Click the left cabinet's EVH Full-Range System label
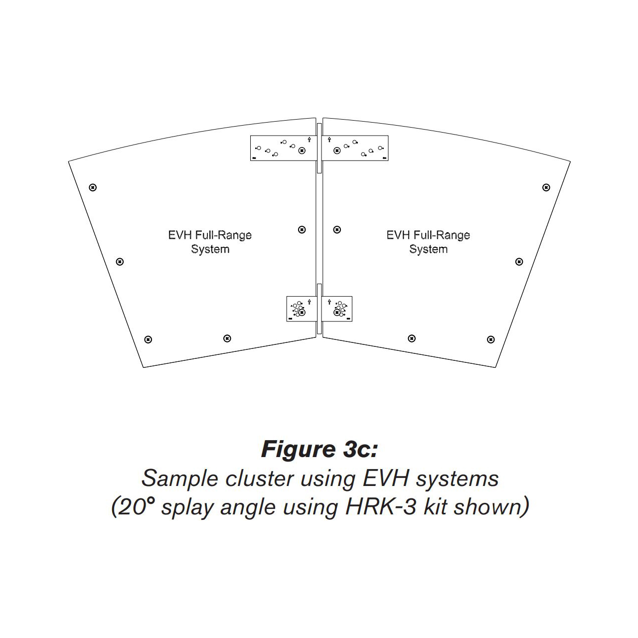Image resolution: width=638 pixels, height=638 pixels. pos(210,242)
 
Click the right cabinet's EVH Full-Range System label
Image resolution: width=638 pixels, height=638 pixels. pos(428,242)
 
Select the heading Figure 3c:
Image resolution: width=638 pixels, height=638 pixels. pos(319,449)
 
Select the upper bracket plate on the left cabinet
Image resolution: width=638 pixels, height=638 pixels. pos(283,148)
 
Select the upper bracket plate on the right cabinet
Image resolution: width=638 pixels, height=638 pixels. pos(355,148)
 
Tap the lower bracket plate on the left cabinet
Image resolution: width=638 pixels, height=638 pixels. pos(302,309)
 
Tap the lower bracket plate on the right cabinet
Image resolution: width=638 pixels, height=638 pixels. pos(337,309)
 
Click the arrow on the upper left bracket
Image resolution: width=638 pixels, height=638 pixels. pos(310,140)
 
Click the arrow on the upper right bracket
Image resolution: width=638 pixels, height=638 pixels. pos(329,140)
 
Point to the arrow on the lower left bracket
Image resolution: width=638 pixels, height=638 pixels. pos(310,301)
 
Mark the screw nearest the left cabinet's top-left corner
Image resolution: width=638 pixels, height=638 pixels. pos(92,187)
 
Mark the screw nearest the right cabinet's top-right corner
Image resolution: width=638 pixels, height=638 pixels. pos(546,187)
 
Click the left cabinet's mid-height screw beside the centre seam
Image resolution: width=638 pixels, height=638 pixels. pos(302,230)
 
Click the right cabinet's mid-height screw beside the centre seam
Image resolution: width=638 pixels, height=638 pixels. pos(337,230)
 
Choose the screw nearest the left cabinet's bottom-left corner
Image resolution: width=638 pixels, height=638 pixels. pos(148,339)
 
